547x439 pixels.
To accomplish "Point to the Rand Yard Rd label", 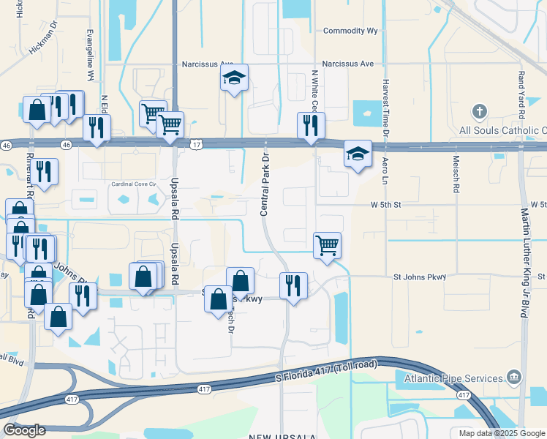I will [521, 95].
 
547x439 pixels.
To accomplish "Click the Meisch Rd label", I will [456, 178].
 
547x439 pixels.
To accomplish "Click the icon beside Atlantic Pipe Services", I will [514, 378].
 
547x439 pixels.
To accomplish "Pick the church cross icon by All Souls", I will [479, 112].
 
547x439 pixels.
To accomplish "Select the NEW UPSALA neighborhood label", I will [282, 436].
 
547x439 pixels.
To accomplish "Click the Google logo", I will [25, 429].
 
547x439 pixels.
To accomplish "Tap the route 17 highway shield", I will [197, 146].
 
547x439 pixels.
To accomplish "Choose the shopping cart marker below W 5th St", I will [327, 245].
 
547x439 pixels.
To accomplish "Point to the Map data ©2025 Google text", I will [501, 433].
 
